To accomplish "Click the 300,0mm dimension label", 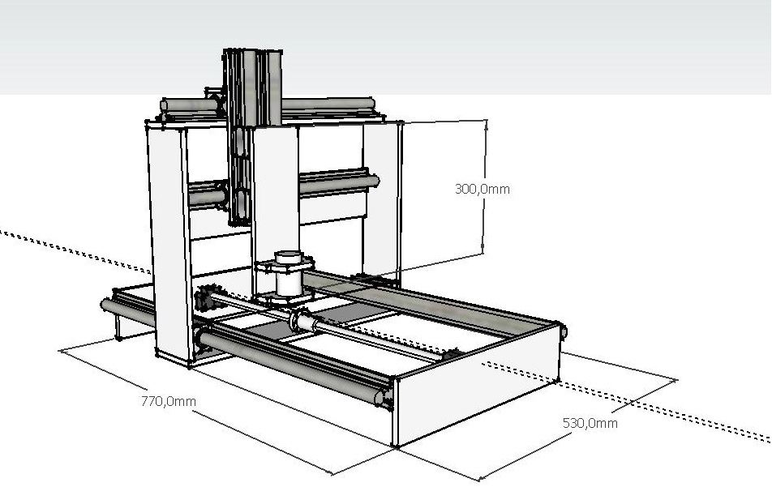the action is (482, 189).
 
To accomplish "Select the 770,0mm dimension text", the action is (169, 401).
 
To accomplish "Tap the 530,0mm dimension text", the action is (590, 423).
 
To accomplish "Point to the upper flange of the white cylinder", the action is (284, 265).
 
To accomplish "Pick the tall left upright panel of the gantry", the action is (169, 241).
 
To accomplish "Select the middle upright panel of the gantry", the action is (275, 207).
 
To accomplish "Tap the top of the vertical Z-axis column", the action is (252, 51).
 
